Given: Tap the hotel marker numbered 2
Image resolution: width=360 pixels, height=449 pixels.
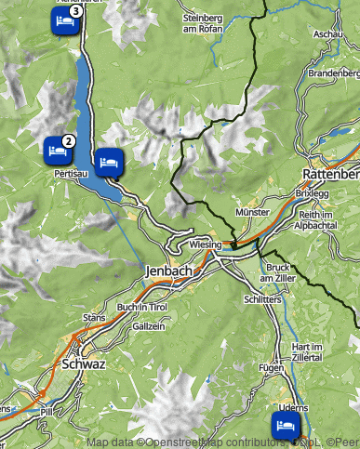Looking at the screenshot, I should tap(56, 149).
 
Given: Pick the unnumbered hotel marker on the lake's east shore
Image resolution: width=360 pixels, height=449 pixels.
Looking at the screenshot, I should tap(108, 160).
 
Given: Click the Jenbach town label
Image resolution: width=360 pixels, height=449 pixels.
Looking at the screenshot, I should tap(168, 271).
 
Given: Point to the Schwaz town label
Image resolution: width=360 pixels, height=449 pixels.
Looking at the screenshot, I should tap(83, 364).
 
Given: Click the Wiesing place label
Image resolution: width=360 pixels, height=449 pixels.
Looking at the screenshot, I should tap(205, 244).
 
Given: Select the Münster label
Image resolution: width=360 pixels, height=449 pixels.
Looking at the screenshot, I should tap(253, 213).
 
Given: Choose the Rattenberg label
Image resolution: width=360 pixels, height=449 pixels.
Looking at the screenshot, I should tap(331, 174).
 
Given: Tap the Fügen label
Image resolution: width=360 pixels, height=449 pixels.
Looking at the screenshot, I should tap(271, 368).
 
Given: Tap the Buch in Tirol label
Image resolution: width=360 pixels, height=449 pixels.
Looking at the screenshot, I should tap(142, 307).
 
